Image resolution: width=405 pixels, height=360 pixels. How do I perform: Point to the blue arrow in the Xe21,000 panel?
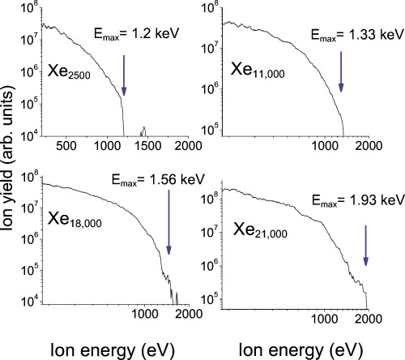366,247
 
